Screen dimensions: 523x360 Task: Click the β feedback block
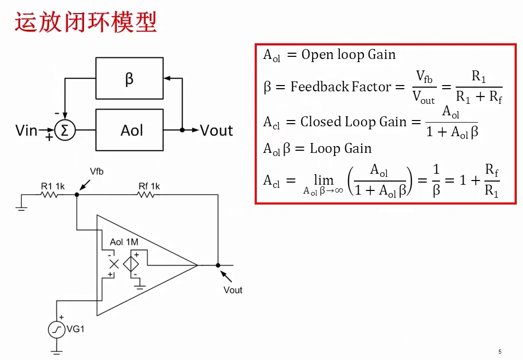[129, 78]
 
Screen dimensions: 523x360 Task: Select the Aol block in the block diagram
[129, 130]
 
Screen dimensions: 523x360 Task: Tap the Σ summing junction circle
[65, 130]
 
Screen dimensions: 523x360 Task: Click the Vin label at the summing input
[26, 130]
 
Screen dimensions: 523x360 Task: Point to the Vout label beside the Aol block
[217, 130]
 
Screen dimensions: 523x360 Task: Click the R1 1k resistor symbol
[50, 195]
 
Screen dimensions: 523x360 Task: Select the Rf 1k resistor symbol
[146, 195]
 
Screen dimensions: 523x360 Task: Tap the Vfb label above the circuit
[97, 171]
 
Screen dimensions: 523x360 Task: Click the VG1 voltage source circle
[57, 330]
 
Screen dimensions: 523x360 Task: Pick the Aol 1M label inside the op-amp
[124, 242]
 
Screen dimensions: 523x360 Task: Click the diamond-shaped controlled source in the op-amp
[131, 265]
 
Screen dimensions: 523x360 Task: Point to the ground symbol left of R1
[21, 209]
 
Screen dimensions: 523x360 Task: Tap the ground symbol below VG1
[57, 352]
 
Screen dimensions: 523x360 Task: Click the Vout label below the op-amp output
[233, 290]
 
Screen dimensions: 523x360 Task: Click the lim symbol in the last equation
[324, 181]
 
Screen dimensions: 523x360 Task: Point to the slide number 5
[500, 352]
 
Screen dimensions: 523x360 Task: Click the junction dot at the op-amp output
[218, 266]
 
